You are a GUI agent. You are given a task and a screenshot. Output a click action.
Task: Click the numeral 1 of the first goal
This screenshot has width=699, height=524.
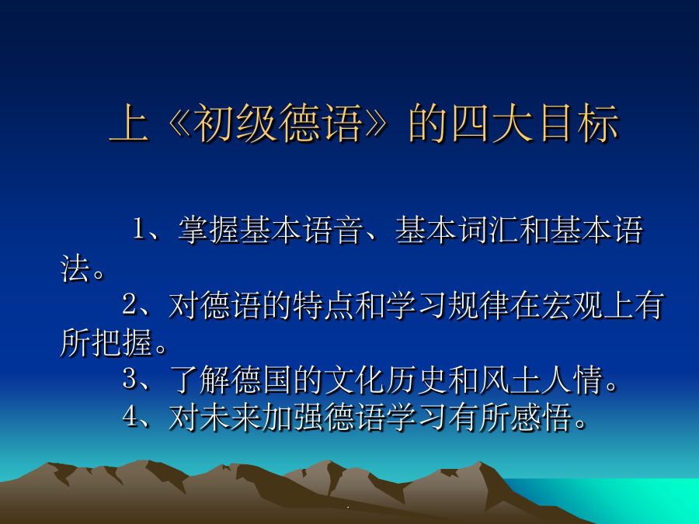(x=139, y=230)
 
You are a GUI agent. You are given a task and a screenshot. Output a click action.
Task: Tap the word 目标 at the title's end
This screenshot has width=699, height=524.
(x=579, y=123)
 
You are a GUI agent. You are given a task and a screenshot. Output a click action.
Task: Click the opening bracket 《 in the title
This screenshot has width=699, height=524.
(x=179, y=123)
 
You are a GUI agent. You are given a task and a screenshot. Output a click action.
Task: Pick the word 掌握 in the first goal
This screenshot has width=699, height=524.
(x=209, y=230)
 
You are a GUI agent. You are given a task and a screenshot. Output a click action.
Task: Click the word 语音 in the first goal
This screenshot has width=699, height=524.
(x=333, y=230)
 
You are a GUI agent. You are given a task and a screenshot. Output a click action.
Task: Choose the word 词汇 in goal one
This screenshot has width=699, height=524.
(x=489, y=230)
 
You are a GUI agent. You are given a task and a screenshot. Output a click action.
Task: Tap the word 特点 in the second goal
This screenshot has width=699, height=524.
(x=324, y=305)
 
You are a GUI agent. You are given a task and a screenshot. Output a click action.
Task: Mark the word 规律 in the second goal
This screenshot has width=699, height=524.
(x=479, y=305)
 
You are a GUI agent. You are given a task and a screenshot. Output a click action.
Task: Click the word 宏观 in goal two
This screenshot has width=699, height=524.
(x=572, y=305)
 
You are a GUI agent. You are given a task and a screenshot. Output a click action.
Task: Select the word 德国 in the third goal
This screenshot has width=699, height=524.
(x=263, y=380)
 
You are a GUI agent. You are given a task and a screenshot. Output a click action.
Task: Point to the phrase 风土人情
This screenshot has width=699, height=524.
(x=541, y=380)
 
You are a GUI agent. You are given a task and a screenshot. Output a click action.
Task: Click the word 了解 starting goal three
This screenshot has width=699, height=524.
(x=200, y=380)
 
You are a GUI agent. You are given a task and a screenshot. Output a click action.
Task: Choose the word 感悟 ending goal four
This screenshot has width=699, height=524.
(x=541, y=417)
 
